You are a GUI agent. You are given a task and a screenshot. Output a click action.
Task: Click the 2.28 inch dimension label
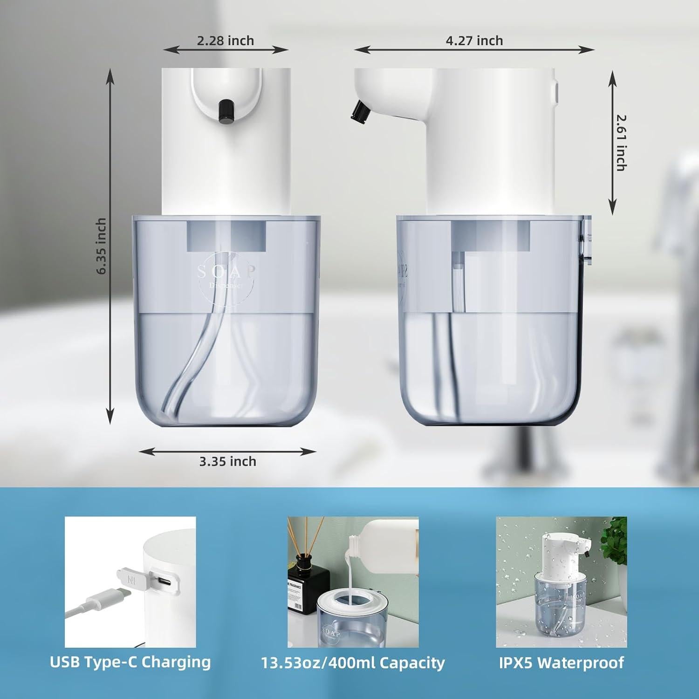[225, 41]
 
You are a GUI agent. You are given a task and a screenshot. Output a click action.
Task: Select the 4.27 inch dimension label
[474, 41]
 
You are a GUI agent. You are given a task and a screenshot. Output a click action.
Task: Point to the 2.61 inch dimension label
[621, 143]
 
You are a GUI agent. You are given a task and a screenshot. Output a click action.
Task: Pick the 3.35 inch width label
[227, 461]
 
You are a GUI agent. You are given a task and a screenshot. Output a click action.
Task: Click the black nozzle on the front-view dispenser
[227, 112]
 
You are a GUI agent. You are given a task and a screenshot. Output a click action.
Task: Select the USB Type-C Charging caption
[130, 662]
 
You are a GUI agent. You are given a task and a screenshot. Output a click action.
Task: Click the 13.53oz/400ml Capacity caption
[353, 663]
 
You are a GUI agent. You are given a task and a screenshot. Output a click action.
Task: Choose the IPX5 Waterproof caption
[561, 662]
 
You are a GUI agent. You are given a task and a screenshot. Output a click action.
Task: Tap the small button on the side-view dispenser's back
[555, 91]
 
